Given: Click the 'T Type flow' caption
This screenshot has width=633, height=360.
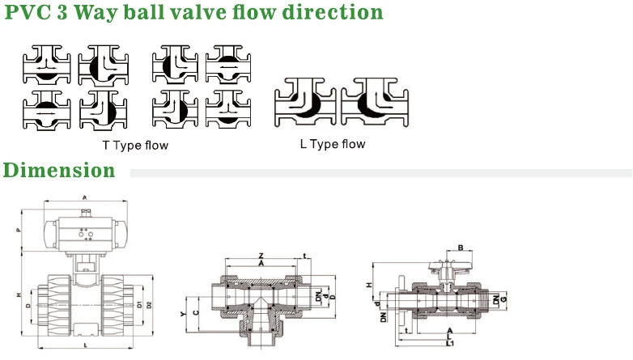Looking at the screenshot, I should (135, 146).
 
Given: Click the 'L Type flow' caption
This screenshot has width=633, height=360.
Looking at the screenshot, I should (332, 144).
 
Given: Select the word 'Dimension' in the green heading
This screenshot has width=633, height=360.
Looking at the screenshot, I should (58, 171).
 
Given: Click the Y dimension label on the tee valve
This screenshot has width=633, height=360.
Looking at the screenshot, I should (184, 311).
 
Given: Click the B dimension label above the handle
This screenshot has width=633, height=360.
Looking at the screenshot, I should (461, 248).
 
